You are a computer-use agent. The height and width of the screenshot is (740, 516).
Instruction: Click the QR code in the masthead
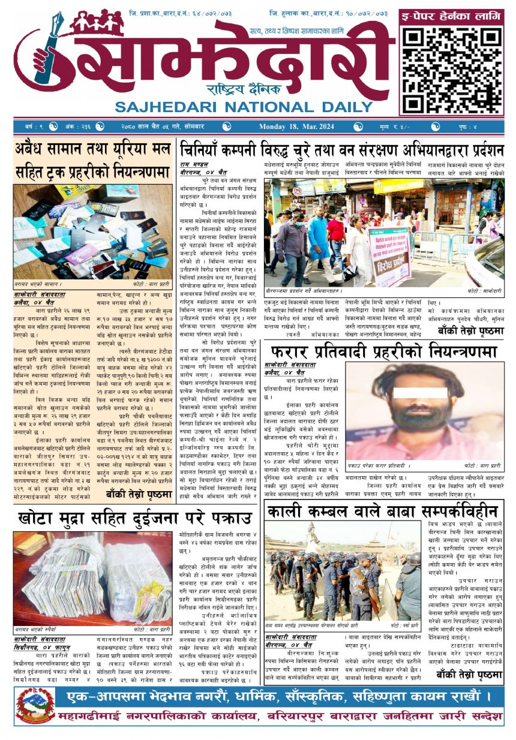click(x=451, y=69)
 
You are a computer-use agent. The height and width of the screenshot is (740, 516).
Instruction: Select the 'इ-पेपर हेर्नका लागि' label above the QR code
click(x=451, y=17)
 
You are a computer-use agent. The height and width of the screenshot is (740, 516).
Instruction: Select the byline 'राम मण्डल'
click(x=194, y=163)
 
